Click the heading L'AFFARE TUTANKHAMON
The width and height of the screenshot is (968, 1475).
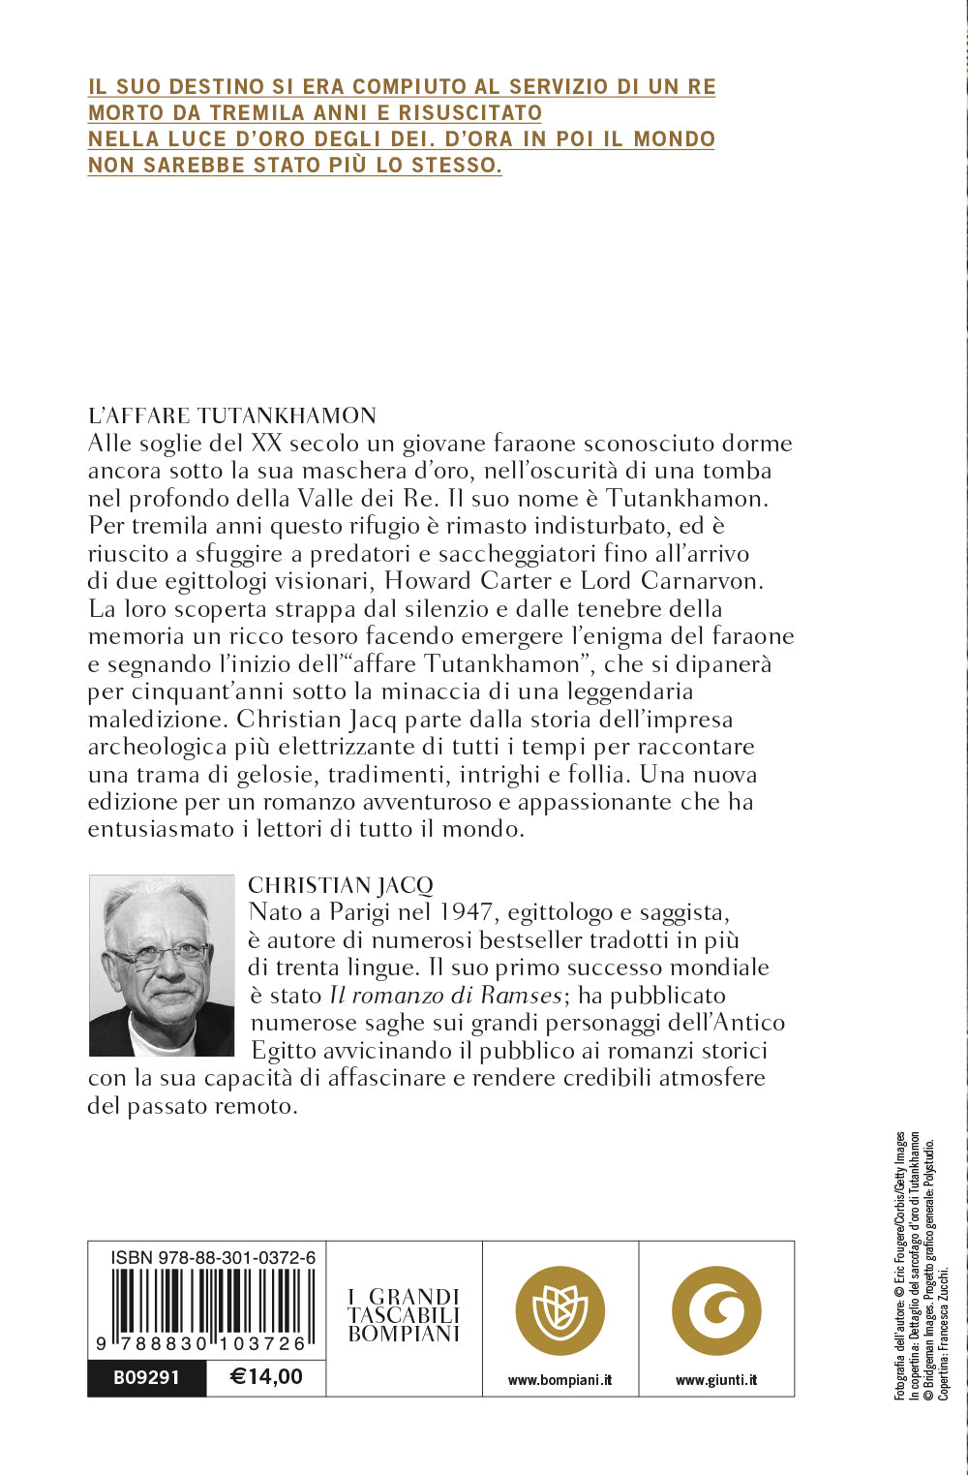point(231,415)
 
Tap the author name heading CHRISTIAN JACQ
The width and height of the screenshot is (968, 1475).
point(340,884)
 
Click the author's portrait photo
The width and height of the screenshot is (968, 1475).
point(162,965)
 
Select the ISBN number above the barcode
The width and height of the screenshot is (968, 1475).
point(213,1258)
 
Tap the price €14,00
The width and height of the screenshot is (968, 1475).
point(266,1376)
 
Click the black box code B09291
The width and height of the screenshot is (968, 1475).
point(146,1376)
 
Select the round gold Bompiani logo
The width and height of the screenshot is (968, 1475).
point(560,1310)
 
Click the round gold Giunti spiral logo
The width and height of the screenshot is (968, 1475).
point(716,1310)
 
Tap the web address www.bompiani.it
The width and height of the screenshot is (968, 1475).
point(560,1380)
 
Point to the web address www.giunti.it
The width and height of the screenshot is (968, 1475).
point(716,1380)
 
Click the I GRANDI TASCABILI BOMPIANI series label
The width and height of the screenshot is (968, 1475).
point(404,1315)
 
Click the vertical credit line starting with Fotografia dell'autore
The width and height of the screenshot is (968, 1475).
point(899,1265)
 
